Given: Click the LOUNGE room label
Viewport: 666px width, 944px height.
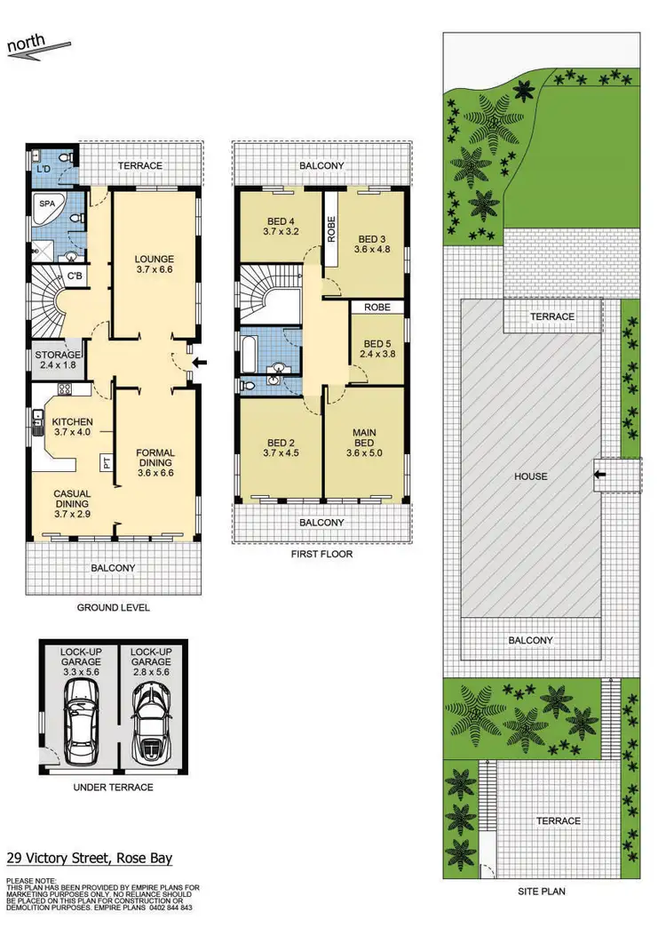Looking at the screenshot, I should pos(153,260).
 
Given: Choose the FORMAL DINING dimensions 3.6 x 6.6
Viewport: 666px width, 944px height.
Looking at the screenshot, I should pos(155,473).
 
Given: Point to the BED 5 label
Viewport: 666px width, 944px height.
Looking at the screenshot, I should pos(377,344).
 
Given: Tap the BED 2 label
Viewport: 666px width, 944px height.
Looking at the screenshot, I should pos(280,443).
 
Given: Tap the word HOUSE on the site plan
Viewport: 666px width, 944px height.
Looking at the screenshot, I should pos(530,476).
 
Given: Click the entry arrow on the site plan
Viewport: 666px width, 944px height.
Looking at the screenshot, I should pos(600,476).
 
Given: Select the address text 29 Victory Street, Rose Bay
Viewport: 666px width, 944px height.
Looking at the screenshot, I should pos(90,858).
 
